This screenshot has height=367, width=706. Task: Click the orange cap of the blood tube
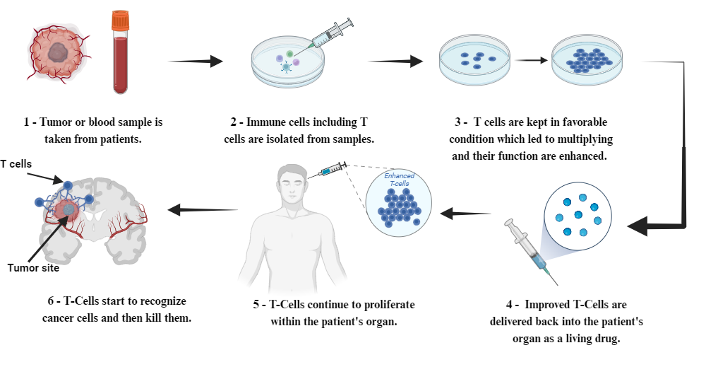(121, 21)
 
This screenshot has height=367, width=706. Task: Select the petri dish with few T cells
(474, 60)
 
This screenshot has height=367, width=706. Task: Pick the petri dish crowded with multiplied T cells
(587, 60)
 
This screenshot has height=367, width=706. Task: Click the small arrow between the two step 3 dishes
(532, 60)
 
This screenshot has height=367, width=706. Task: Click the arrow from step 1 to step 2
(196, 62)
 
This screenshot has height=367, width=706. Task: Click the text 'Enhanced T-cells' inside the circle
(400, 180)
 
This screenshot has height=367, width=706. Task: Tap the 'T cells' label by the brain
(16, 164)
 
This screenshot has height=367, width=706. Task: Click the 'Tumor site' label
(33, 268)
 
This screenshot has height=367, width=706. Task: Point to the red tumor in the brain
(68, 209)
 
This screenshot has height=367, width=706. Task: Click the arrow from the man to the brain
(203, 209)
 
